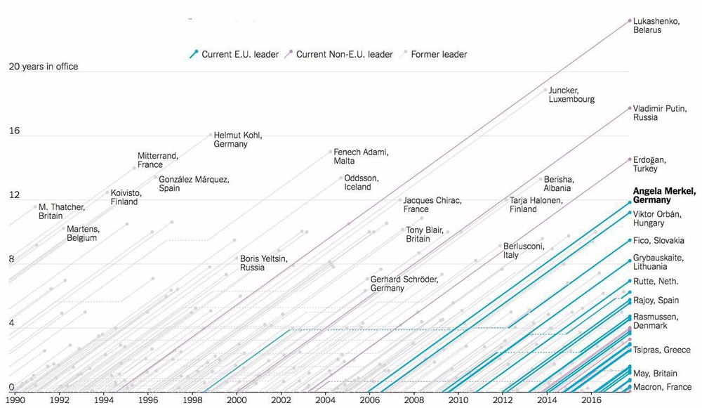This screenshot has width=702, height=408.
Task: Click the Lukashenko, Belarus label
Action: click(656, 25)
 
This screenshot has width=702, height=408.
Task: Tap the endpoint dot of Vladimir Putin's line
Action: click(630, 108)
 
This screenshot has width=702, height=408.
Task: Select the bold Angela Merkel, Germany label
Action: click(664, 196)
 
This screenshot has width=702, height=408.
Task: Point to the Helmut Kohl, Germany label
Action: click(238, 139)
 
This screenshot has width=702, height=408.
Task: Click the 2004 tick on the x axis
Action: click(325, 400)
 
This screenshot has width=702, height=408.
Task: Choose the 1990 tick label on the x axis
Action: click(15, 400)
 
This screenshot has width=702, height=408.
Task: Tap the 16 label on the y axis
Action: click(14, 131)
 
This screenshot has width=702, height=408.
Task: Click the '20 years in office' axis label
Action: click(44, 67)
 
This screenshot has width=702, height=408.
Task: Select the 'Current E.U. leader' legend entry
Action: click(234, 54)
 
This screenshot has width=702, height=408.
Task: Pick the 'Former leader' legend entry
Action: click(435, 54)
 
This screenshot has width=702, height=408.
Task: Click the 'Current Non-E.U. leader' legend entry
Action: click(338, 54)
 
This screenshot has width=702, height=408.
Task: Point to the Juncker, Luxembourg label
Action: click(571, 95)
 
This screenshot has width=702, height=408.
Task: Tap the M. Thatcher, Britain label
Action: click(62, 211)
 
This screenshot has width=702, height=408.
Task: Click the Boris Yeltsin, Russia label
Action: click(264, 263)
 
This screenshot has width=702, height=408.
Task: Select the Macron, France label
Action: click(662, 387)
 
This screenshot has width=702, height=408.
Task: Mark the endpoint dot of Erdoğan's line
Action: click(630, 159)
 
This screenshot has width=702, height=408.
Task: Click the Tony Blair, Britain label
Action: click(425, 235)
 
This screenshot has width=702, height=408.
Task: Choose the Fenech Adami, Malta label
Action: click(361, 157)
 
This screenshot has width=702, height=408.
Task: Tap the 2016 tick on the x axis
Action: click(591, 400)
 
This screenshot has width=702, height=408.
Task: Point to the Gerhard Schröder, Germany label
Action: click(404, 284)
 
